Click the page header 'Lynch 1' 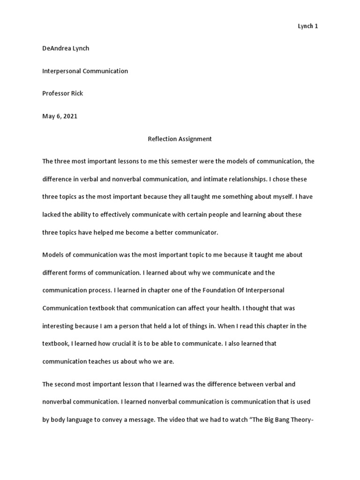point(308,26)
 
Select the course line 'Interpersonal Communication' point(85,71)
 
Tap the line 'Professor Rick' point(62,94)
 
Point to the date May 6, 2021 point(60,116)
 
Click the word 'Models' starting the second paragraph point(52,255)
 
